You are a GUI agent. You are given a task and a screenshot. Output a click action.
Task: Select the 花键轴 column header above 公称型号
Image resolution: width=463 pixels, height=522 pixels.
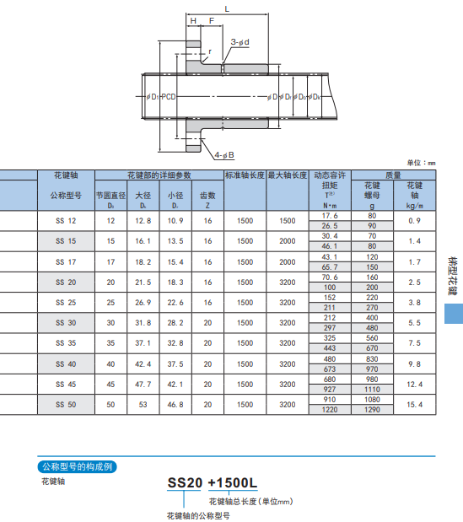(65, 175)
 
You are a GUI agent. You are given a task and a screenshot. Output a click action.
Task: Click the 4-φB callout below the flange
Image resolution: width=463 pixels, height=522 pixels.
(225, 154)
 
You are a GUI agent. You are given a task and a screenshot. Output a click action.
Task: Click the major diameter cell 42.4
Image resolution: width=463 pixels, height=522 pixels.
(143, 363)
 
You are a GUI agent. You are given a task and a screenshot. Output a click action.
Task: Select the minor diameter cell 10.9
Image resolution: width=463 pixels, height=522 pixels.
(175, 220)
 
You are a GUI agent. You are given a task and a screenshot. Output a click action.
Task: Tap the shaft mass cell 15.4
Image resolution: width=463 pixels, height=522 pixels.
(414, 404)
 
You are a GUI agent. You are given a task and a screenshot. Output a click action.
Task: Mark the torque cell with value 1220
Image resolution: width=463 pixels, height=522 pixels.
(330, 409)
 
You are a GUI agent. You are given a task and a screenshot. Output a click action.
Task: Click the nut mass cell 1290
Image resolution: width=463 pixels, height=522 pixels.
(372, 409)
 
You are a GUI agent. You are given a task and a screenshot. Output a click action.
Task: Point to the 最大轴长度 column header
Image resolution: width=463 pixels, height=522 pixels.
(288, 175)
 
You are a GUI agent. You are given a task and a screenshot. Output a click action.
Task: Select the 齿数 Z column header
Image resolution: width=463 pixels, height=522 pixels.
(207, 200)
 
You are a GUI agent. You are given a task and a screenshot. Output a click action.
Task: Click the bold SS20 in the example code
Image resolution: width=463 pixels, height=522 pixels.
(185, 482)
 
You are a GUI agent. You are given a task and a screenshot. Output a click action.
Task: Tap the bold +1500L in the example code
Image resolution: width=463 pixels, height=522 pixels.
(230, 482)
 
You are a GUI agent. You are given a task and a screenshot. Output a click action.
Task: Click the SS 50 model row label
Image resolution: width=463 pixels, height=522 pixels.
(65, 404)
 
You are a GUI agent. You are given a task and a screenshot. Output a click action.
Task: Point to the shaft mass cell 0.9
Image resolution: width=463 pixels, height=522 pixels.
(414, 220)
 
